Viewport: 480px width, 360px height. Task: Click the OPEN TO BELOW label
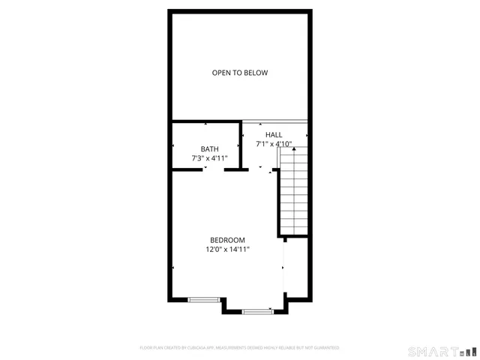[x=240, y=73]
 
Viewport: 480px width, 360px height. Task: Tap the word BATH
[x=209, y=148]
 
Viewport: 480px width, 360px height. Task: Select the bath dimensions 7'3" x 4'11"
[x=209, y=158]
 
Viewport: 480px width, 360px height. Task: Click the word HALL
[x=274, y=134]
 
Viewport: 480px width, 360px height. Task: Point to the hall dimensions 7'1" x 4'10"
[x=273, y=143]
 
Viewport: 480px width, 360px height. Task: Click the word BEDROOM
[x=227, y=240]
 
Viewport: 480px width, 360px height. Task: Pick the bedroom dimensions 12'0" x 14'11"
[x=227, y=249]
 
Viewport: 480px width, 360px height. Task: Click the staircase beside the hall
[x=293, y=191]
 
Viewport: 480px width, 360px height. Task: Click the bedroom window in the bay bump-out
[x=257, y=310]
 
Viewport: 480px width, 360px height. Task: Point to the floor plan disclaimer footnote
[x=240, y=348]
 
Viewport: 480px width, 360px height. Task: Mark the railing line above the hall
[x=274, y=121]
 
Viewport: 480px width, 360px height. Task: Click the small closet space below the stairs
[x=296, y=266]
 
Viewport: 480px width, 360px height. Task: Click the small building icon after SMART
[x=467, y=351]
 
